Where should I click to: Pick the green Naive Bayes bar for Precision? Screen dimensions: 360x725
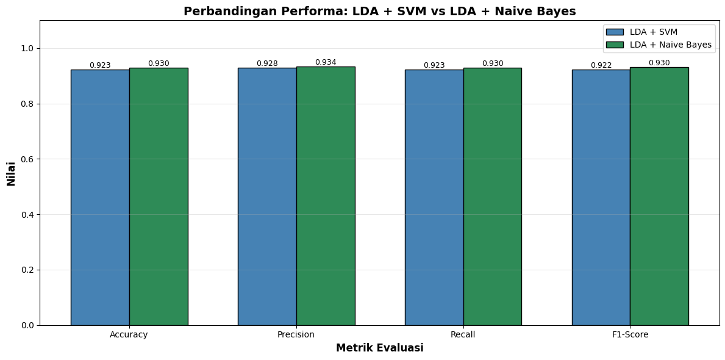tap(326, 196)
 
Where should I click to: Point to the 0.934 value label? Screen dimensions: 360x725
tap(326, 62)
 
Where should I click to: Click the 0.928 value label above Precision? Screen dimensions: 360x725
tap(267, 63)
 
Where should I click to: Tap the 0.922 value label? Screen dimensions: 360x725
tap(601, 65)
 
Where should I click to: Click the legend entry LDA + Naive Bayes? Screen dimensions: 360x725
tap(671, 45)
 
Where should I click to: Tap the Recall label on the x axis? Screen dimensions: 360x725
tap(463, 335)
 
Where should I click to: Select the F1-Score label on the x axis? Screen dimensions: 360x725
tap(630, 335)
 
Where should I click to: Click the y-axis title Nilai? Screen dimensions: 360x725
tap(11, 173)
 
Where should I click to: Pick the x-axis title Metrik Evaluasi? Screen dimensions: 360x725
tap(379, 348)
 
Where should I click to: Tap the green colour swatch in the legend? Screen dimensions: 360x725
tap(615, 45)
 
